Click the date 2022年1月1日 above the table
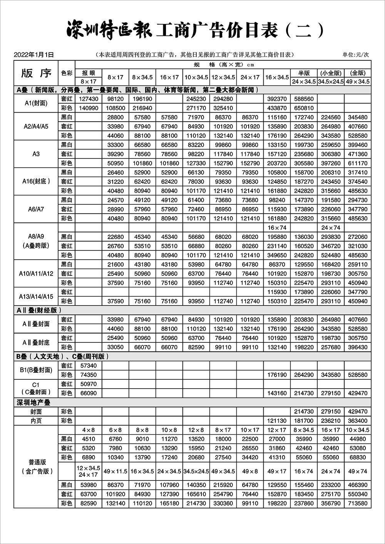pyautogui.click(x=33, y=55)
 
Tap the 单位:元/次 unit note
pyautogui.click(x=356, y=55)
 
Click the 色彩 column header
pyautogui.click(x=67, y=73)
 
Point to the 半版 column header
pyautogui.click(x=304, y=73)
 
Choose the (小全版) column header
pyautogui.click(x=331, y=73)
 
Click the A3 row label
pyautogui.click(x=36, y=154)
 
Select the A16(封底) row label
pyautogui.click(x=36, y=181)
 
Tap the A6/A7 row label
pyautogui.click(x=36, y=209)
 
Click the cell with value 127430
pyautogui.click(x=89, y=99)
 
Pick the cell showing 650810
pyautogui.click(x=304, y=108)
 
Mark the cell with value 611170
pyautogui.click(x=358, y=163)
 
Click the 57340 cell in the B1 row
pyautogui.click(x=89, y=365)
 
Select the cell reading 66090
pyautogui.click(x=89, y=393)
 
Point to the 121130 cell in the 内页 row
pyautogui.click(x=277, y=421)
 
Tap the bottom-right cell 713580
pyautogui.click(x=358, y=503)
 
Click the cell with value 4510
pyautogui.click(x=89, y=439)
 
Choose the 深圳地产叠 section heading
pyautogui.click(x=33, y=402)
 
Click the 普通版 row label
pyautogui.click(x=37, y=462)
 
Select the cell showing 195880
pyautogui.click(x=277, y=237)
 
